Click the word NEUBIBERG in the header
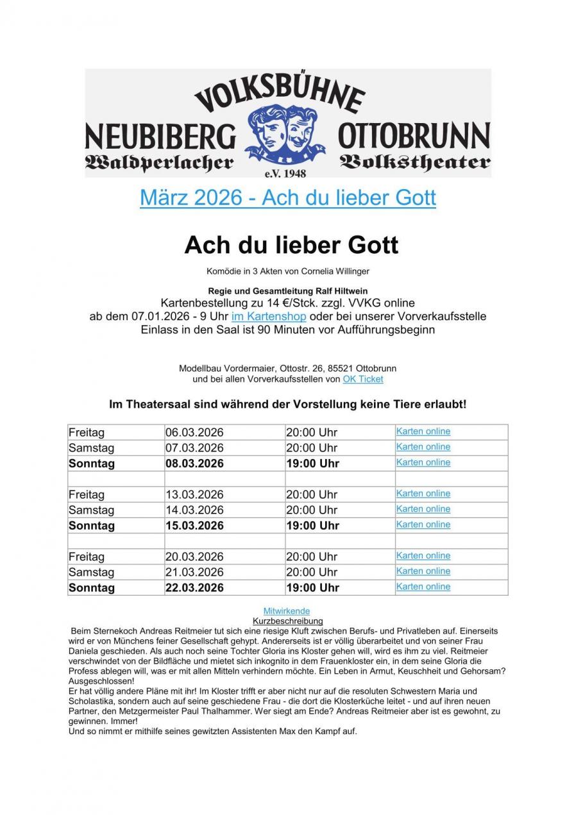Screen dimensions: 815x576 click(160, 137)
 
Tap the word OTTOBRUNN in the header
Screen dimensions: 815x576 click(413, 137)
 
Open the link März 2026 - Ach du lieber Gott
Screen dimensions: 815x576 click(287, 197)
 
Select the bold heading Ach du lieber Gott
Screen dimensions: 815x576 click(291, 244)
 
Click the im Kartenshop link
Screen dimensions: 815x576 click(269, 316)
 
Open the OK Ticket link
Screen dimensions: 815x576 click(362, 379)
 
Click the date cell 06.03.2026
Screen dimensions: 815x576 click(194, 432)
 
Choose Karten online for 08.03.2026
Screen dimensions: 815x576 click(423, 462)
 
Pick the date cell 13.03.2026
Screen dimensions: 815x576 click(194, 494)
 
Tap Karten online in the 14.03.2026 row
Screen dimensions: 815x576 click(423, 509)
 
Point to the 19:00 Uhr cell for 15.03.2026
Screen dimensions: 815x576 click(312, 526)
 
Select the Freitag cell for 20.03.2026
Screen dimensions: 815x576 click(86, 557)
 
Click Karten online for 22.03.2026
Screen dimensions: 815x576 click(423, 587)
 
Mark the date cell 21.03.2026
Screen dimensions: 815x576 click(194, 572)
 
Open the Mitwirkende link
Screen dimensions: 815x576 click(286, 611)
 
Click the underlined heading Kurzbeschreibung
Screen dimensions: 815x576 click(288, 621)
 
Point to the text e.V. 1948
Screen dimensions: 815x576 click(285, 173)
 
